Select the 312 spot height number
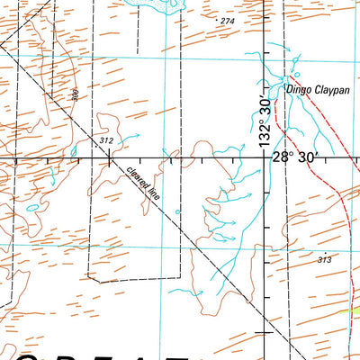[106, 141]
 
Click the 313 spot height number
[324, 259]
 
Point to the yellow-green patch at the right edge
[354, 309]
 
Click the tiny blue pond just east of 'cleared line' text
[177, 212]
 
